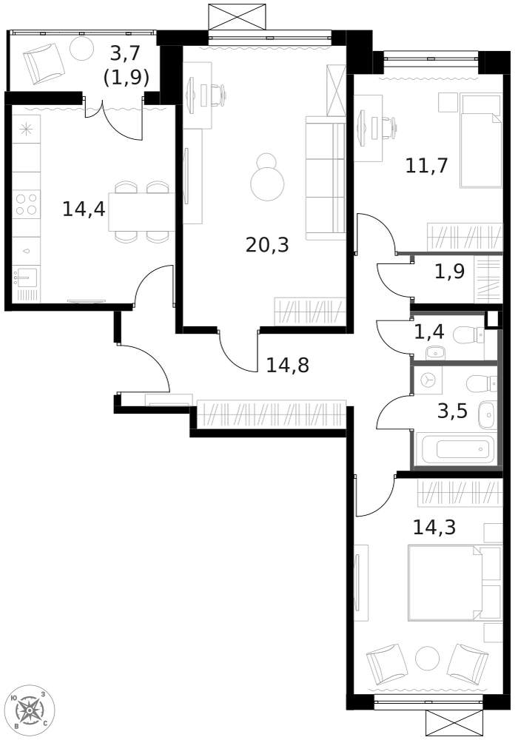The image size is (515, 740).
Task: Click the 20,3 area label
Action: point(267,244)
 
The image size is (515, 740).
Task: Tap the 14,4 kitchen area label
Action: point(84,209)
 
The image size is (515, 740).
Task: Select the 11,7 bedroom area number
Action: point(426,165)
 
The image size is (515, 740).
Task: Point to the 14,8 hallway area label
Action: point(287,364)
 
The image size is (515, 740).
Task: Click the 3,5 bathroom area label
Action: point(452,411)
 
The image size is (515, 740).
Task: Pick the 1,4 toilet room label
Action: point(429,332)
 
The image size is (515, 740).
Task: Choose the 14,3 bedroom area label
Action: point(434,527)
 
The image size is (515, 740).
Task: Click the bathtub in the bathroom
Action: point(464,448)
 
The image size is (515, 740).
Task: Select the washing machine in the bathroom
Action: point(428,380)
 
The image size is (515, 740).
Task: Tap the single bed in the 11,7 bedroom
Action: point(480,141)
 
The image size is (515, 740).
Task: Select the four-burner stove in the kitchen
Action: point(26,204)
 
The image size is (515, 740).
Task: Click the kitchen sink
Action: point(26,279)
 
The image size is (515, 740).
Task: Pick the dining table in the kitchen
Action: point(141,212)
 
